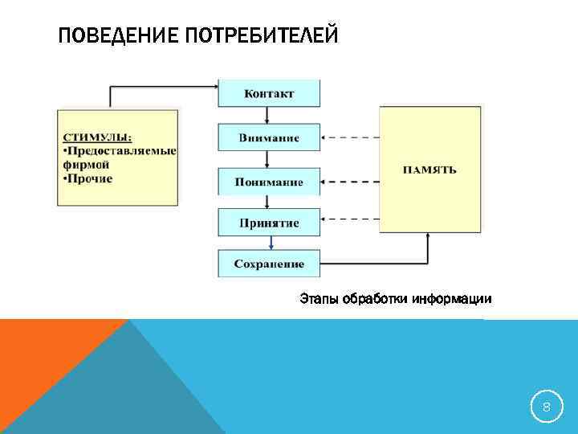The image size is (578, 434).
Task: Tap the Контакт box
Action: click(269, 93)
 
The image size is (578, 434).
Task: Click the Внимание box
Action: click(269, 137)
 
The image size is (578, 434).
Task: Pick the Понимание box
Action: click(269, 182)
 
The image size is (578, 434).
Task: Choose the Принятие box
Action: click(269, 222)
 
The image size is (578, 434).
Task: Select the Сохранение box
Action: click(269, 264)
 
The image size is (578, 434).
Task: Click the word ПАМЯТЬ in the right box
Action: click(429, 170)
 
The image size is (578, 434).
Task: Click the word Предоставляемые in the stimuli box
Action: click(121, 150)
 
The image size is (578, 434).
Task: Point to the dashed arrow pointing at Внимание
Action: click(349, 137)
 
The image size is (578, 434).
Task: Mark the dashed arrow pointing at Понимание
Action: click(349, 180)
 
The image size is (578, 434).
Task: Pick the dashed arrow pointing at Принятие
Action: click(349, 219)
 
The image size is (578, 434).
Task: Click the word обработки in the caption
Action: click(377, 300)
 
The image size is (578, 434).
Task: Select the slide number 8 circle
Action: click(547, 408)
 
